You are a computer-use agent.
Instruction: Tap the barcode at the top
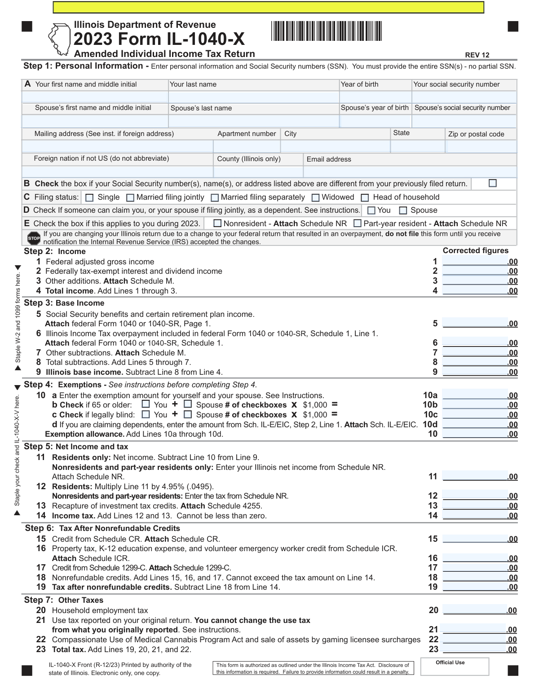[326, 31]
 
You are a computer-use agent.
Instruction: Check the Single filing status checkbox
[89, 197]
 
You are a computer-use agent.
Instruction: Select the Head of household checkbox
[365, 197]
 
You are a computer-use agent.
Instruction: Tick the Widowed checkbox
[315, 197]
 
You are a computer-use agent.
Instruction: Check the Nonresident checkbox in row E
[217, 223]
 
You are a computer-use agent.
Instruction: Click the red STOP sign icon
[34, 238]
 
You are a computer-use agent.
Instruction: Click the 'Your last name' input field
[254, 97]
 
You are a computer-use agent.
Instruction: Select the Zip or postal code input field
[481, 146]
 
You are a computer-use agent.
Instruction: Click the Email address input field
[410, 171]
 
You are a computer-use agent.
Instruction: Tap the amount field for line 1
[480, 262]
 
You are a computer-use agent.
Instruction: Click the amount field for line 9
[480, 372]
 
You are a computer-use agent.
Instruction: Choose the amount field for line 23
[480, 649]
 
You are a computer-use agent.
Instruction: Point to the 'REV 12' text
[477, 55]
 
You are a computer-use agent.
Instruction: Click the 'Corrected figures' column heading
[476, 251]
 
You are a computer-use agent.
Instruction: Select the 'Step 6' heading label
[40, 528]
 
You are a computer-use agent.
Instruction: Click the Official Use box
[455, 666]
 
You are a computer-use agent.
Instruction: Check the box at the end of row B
[493, 183]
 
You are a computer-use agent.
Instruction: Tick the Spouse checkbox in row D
[403, 210]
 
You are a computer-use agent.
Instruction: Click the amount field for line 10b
[480, 405]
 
